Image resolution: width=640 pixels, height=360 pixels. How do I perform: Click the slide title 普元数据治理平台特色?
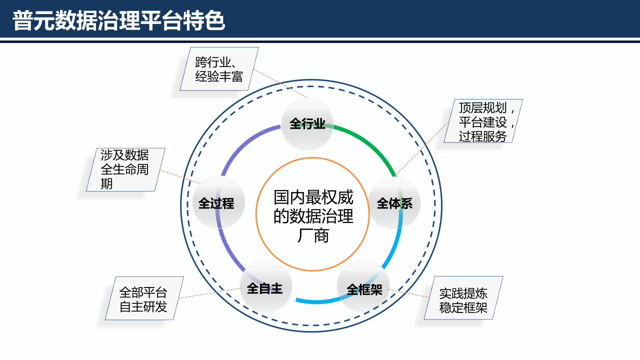click(x=119, y=21)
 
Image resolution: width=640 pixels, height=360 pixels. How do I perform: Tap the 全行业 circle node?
click(x=307, y=123)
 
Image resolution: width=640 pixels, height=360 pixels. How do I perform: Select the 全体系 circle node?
click(x=394, y=203)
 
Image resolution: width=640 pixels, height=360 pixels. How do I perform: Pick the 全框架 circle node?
click(x=364, y=289)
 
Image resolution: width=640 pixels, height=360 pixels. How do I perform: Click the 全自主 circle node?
click(x=265, y=288)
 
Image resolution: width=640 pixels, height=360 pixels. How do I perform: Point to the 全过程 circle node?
click(x=216, y=203)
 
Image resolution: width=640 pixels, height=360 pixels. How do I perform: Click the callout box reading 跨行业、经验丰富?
click(x=219, y=69)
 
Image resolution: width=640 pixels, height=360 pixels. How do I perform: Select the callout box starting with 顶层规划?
click(x=483, y=121)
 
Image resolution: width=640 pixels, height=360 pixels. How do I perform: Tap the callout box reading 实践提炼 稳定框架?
click(x=463, y=300)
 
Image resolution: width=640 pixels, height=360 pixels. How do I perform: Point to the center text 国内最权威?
click(x=313, y=197)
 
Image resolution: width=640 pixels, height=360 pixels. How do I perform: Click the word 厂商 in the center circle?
click(x=313, y=235)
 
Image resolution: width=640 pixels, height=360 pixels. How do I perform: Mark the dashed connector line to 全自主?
click(x=210, y=293)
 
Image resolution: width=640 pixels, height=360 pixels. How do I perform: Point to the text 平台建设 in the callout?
click(x=483, y=122)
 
